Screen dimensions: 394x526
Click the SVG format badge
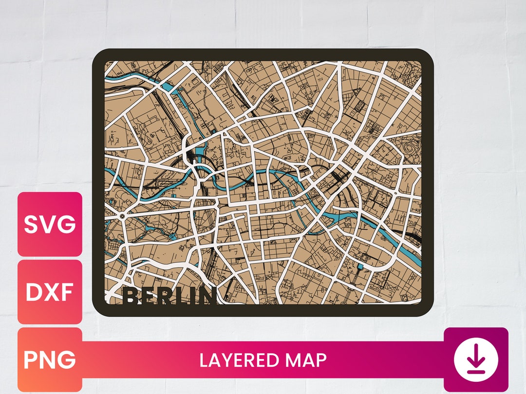click(50, 224)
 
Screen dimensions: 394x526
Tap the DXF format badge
click(50, 292)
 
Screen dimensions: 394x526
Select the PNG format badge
click(50, 359)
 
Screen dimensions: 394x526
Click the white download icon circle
click(476, 359)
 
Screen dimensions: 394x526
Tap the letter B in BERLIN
click(131, 297)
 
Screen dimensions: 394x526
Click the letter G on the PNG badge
click(67, 360)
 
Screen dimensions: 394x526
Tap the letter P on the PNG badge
click(31, 360)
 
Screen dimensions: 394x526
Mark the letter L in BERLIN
click(178, 297)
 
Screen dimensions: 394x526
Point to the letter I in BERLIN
click(190, 297)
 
